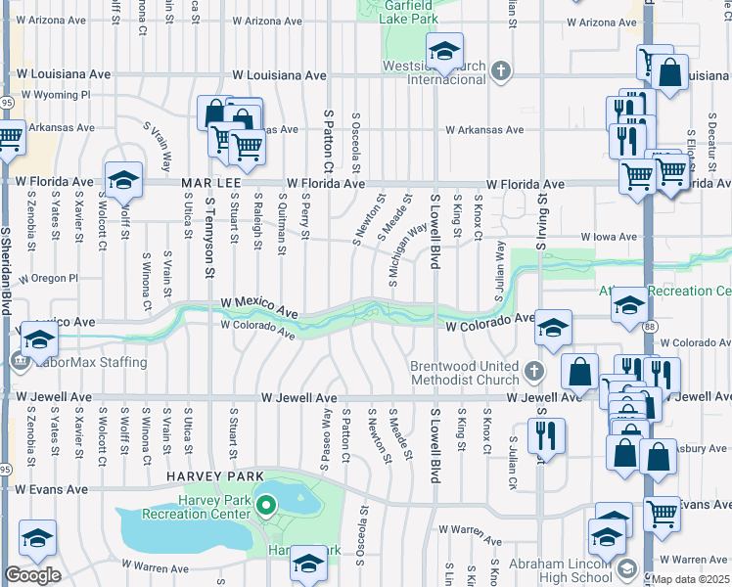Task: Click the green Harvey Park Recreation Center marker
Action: (264, 506)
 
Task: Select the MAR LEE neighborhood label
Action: (211, 183)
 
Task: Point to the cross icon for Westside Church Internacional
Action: (501, 70)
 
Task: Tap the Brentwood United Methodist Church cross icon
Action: (533, 370)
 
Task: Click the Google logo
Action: (32, 575)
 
